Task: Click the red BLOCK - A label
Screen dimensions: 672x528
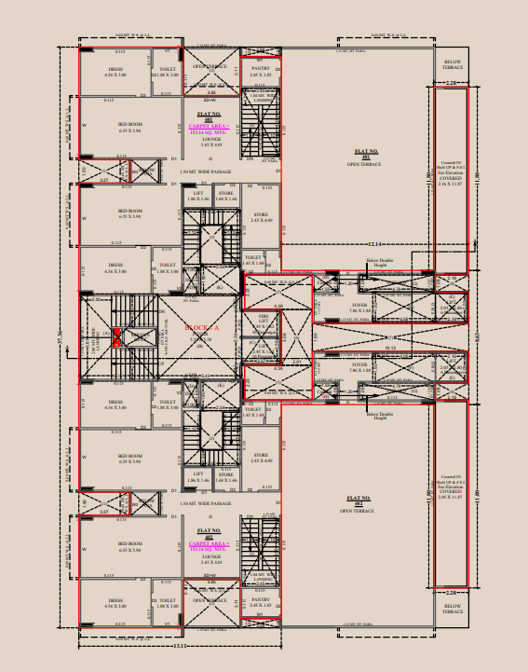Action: click(x=201, y=329)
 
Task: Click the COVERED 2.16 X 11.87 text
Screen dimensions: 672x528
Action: click(x=450, y=182)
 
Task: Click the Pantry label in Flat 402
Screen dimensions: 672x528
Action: click(x=260, y=601)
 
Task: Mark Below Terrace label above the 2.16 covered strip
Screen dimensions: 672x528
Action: click(x=453, y=64)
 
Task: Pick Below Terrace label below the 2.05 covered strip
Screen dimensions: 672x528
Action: click(x=453, y=609)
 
